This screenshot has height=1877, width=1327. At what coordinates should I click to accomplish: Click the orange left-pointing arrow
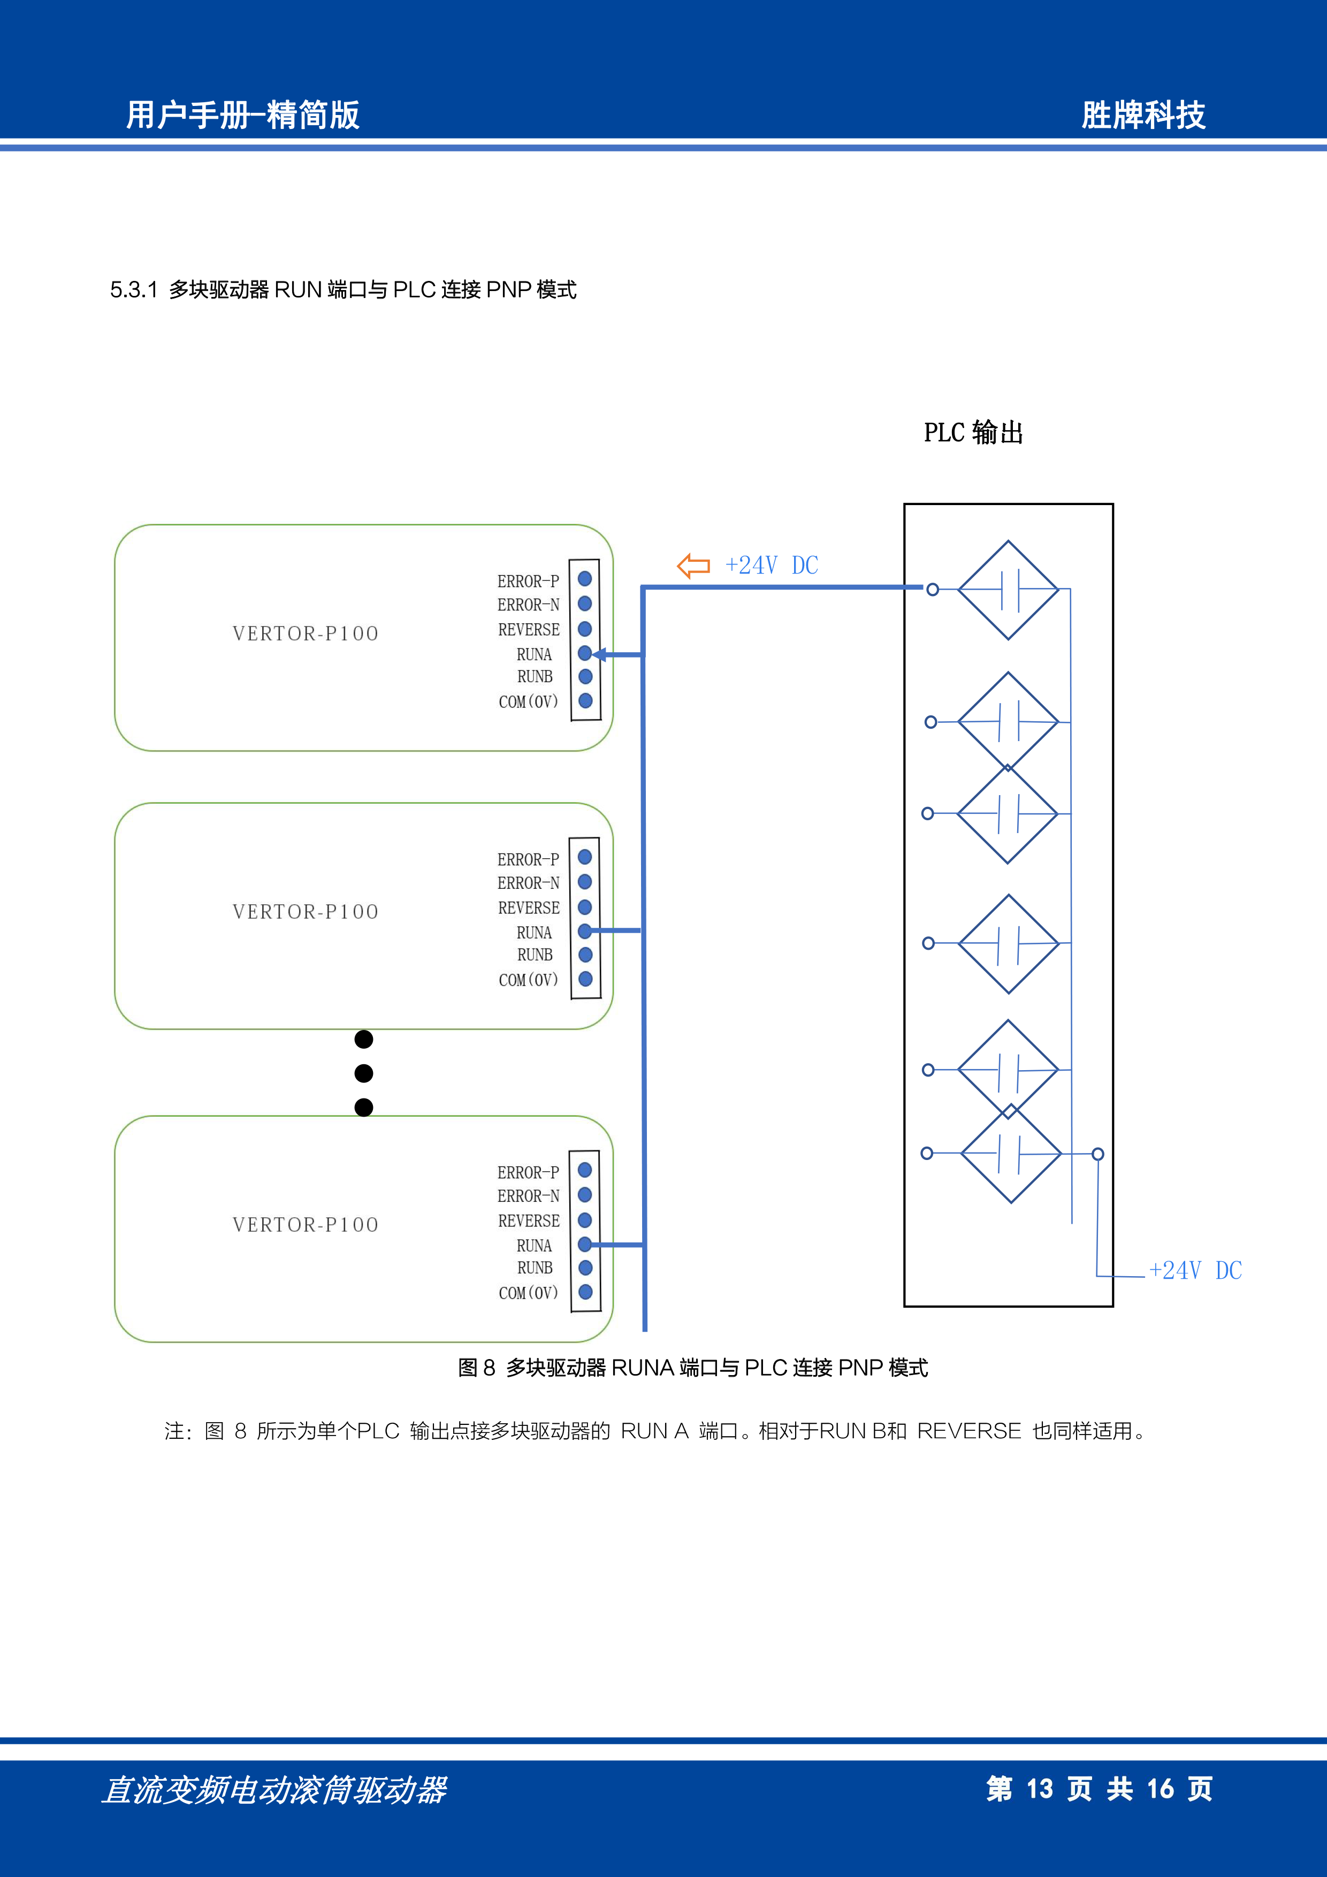pos(693,565)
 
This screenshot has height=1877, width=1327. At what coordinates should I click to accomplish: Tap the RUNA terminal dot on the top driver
pos(585,653)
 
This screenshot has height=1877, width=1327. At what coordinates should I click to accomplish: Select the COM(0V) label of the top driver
pos(528,701)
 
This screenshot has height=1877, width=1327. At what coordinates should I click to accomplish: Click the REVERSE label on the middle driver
pos(529,907)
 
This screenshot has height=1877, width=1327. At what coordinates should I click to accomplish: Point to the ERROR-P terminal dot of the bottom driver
pos(585,1170)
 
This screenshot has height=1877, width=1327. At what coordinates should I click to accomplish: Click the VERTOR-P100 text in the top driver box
pos(306,634)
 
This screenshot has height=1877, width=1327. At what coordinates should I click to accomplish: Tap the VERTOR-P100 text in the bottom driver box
pos(306,1225)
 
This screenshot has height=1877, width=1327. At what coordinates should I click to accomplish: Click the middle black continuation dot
pos(364,1073)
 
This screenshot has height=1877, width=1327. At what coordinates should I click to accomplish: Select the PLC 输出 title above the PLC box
pos(973,432)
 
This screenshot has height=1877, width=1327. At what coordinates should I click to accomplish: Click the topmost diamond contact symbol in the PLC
pos(1008,590)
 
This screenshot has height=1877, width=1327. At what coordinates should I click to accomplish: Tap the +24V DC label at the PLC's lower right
pos(1195,1270)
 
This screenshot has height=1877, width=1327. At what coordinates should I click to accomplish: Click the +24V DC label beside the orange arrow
pos(772,565)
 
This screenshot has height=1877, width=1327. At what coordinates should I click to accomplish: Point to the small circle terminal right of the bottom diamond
pos(1098,1154)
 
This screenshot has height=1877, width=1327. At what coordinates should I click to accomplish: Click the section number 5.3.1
pos(133,289)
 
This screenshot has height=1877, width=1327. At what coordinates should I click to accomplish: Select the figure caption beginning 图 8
pos(692,1368)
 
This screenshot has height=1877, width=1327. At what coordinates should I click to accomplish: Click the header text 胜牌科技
pos(1143,115)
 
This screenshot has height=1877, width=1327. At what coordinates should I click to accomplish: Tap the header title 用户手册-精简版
pos(243,115)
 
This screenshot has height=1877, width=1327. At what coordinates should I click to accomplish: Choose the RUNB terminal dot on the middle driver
pos(585,954)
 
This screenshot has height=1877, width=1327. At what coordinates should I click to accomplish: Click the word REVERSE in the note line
pos(969,1431)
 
